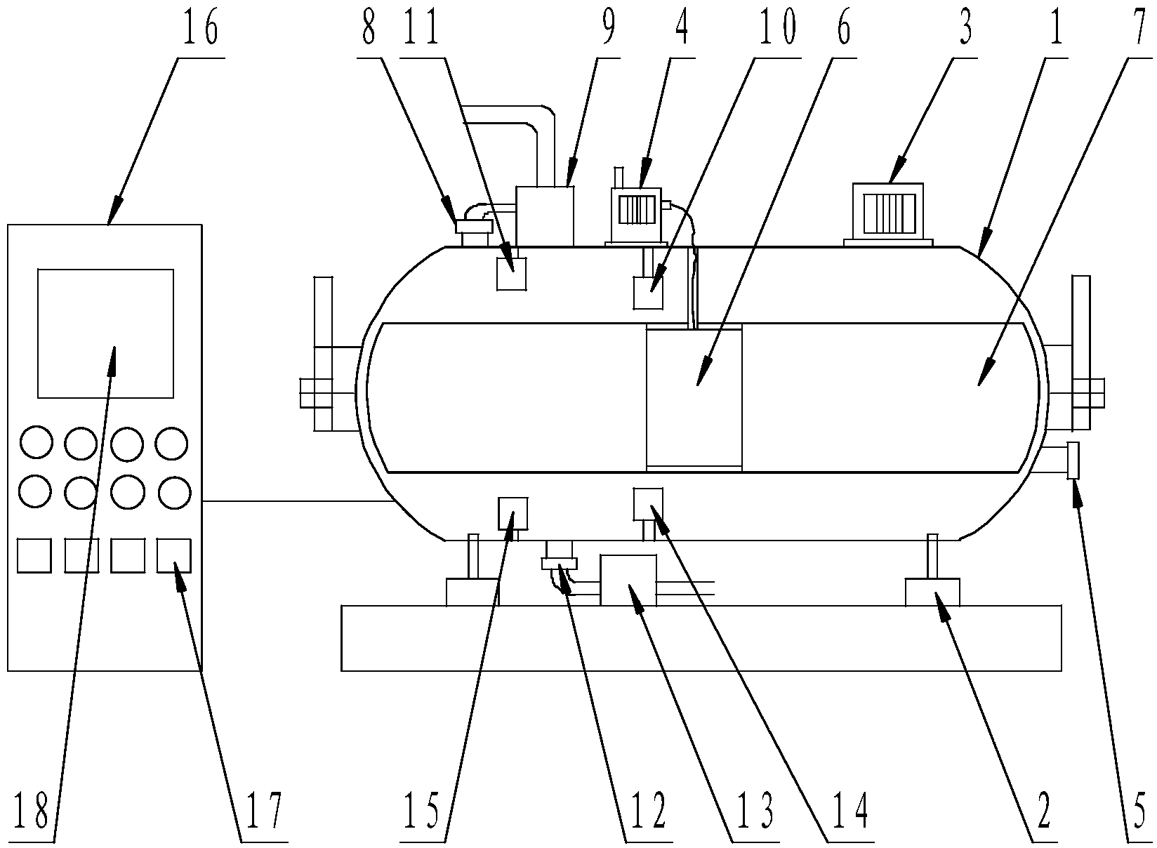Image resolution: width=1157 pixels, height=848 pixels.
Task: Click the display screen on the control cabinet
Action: pos(105,333)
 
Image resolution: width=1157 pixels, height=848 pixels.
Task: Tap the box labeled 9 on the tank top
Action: pos(545,216)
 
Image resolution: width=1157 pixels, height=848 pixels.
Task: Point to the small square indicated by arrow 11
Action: pos(511,274)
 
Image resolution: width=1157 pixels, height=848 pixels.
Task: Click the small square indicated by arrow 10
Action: pos(648,292)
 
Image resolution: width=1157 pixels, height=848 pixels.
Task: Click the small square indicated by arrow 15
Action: pos(513,513)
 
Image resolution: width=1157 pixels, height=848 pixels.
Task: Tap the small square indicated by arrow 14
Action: pos(648,504)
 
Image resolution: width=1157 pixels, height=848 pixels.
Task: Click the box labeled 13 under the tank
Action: pos(628,580)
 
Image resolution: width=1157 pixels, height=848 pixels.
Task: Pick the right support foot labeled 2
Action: pos(932,592)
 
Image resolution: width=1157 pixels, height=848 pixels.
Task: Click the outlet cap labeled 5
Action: pos(1072,461)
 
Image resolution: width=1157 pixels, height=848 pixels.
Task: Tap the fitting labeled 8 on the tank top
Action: pos(474,227)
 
